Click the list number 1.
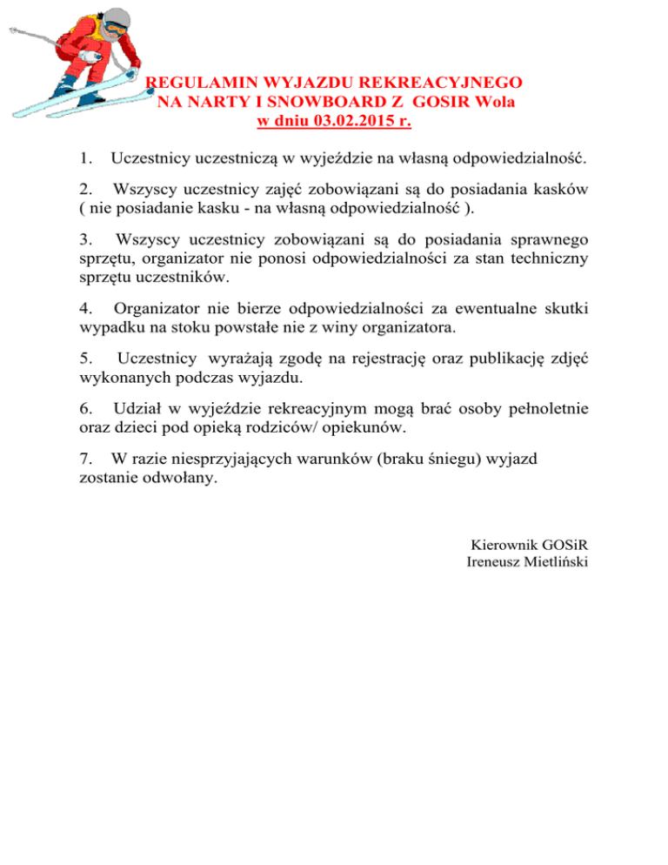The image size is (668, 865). (x=83, y=158)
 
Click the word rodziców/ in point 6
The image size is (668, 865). (x=302, y=427)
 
